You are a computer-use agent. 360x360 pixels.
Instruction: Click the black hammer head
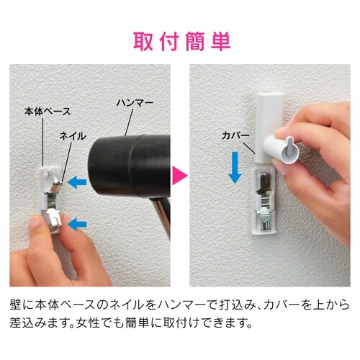coord(130,163)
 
